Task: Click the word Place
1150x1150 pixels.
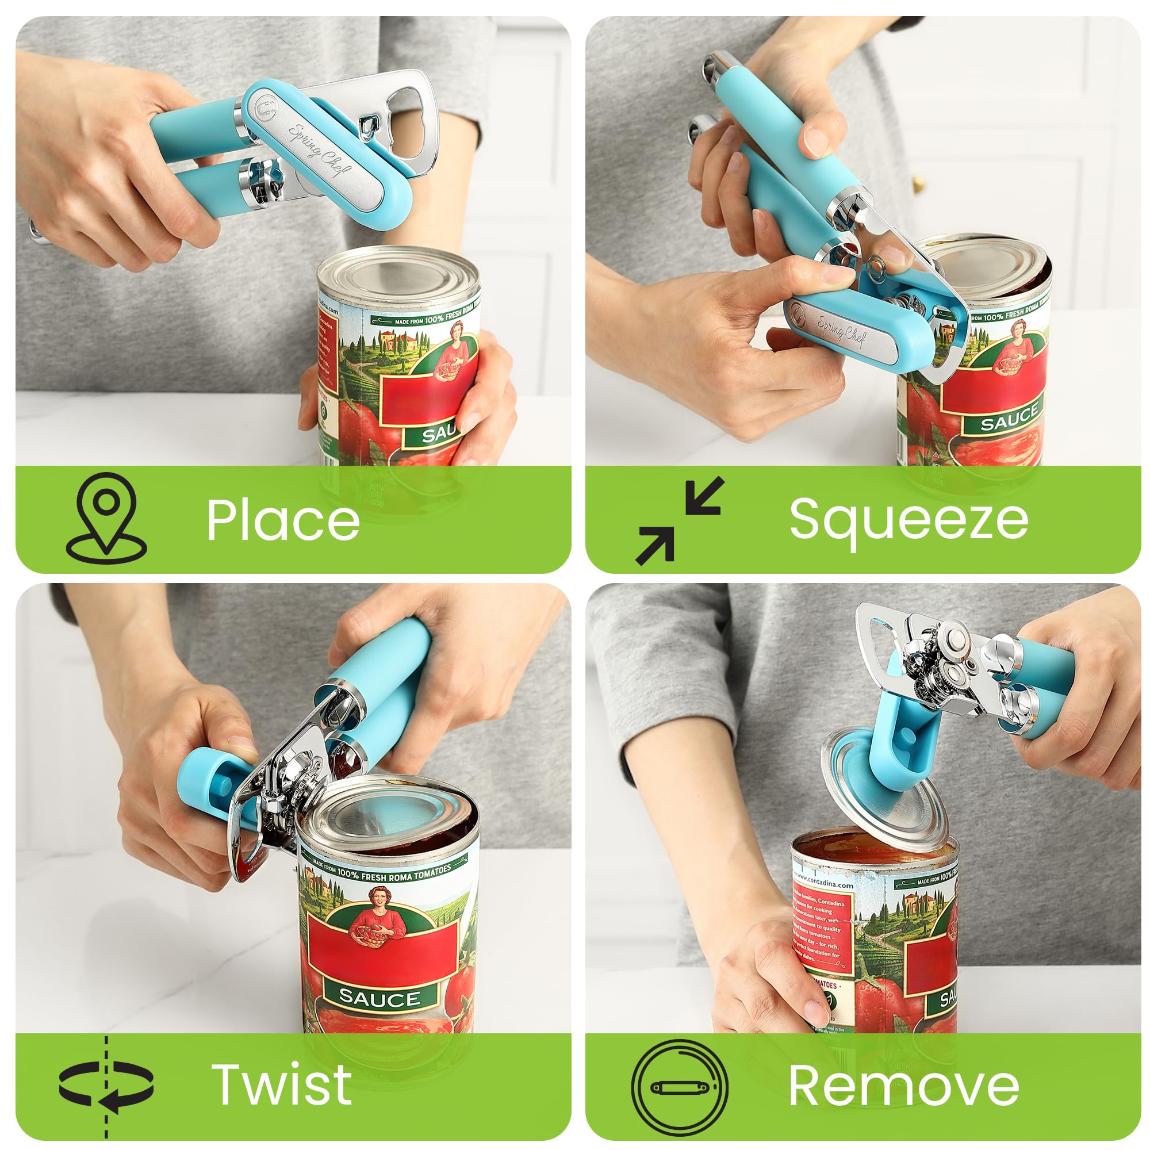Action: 283,520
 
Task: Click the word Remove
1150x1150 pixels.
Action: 903,1086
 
